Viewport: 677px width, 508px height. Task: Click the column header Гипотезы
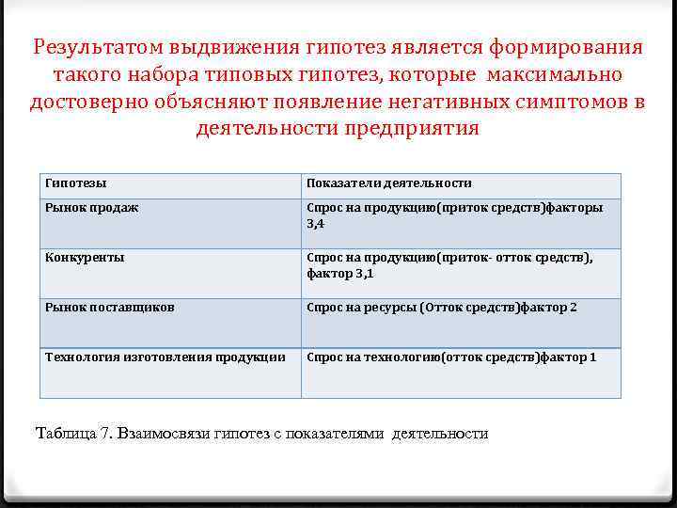tap(73, 183)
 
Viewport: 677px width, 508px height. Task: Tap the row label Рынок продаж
tap(91, 207)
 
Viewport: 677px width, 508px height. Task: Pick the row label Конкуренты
tap(85, 257)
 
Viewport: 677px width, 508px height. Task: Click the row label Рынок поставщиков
tap(109, 307)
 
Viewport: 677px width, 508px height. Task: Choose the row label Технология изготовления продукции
tap(165, 357)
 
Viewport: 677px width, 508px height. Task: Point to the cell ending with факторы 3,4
tap(455, 215)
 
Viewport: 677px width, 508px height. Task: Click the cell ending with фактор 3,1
tap(449, 265)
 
